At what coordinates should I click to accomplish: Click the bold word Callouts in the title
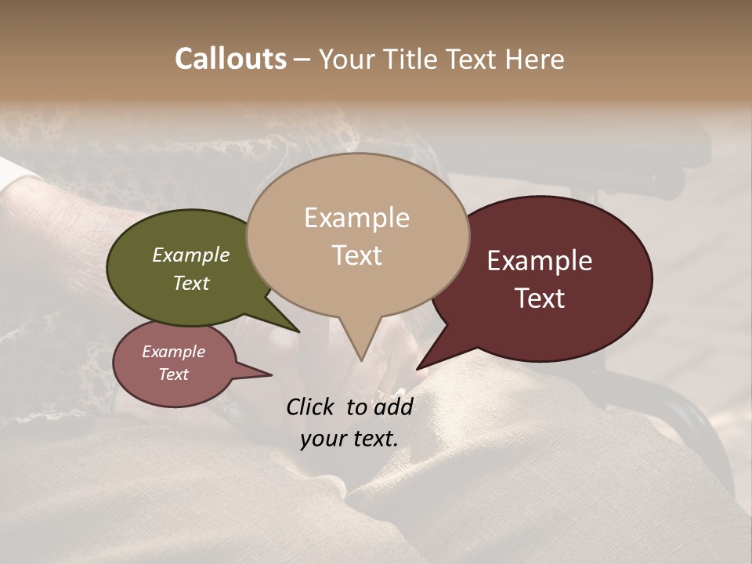pyautogui.click(x=230, y=59)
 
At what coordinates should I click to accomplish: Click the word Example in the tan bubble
pyautogui.click(x=356, y=218)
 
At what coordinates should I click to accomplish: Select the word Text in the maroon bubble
pyautogui.click(x=540, y=298)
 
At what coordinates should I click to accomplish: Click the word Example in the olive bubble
pyautogui.click(x=191, y=255)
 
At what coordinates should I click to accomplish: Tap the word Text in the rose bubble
pyautogui.click(x=173, y=374)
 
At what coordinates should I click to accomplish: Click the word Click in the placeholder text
pyautogui.click(x=311, y=407)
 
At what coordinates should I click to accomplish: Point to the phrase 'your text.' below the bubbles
pyautogui.click(x=349, y=439)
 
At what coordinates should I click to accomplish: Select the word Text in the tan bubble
pyautogui.click(x=356, y=255)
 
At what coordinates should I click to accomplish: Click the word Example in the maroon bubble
pyautogui.click(x=540, y=261)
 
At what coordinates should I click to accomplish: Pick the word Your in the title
pyautogui.click(x=346, y=60)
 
